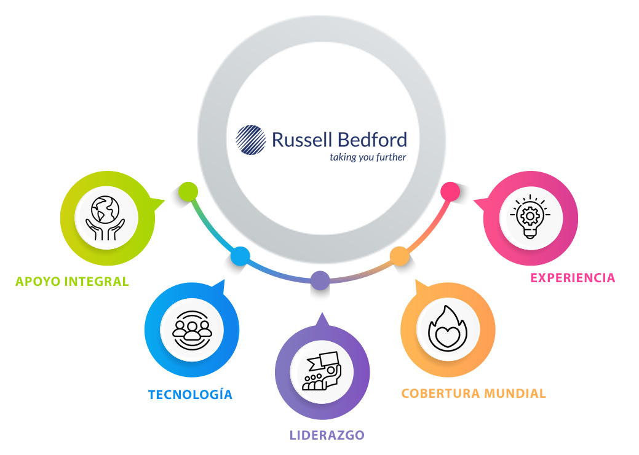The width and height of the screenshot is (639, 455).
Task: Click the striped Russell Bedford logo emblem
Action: point(251,140)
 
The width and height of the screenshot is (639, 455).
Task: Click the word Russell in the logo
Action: point(302,140)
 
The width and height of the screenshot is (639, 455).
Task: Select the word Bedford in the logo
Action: point(373,140)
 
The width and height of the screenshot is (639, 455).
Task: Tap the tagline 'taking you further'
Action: point(368,157)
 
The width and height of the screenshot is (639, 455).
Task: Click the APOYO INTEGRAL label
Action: point(72,282)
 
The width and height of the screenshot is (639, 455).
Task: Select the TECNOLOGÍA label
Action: point(190,394)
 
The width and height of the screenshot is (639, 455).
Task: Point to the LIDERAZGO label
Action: point(327,435)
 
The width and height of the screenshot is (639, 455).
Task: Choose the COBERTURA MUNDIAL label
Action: point(474,394)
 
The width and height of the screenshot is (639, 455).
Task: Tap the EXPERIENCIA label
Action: point(573,278)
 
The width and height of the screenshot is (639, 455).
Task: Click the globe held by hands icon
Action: point(105,218)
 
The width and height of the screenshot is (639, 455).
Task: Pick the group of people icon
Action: point(192,330)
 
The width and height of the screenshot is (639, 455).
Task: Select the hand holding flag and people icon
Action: point(322,371)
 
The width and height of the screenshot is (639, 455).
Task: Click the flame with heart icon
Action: point(448,329)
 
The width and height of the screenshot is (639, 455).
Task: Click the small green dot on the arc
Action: point(188,191)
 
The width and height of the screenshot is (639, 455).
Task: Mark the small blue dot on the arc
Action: point(240,256)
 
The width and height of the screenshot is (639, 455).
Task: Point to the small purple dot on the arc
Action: point(320,280)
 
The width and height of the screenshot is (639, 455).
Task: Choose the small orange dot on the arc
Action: point(400,256)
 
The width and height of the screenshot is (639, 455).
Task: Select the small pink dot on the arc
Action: point(450,191)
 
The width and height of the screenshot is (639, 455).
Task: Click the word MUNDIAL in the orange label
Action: point(515,394)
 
